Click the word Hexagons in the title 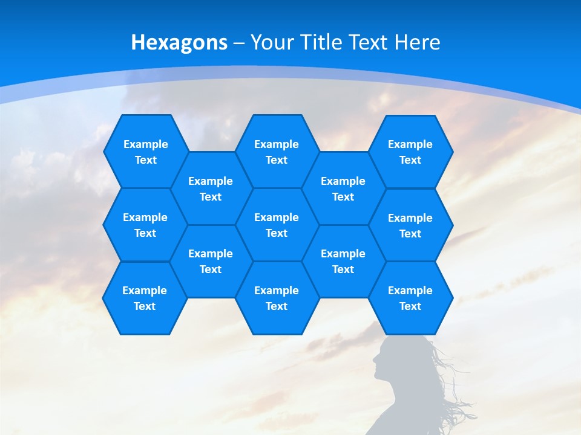[179, 42]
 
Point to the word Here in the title [417, 42]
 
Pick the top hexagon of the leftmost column [145, 152]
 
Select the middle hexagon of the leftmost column [145, 225]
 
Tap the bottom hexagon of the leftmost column [145, 298]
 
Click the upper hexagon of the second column [211, 188]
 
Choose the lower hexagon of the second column [211, 261]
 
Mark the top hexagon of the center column [277, 152]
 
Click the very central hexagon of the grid [277, 225]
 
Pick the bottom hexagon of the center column [277, 298]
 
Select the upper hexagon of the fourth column [343, 188]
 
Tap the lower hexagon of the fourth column [343, 261]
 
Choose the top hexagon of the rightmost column [410, 152]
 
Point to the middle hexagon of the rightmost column [410, 225]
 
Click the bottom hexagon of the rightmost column [410, 298]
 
